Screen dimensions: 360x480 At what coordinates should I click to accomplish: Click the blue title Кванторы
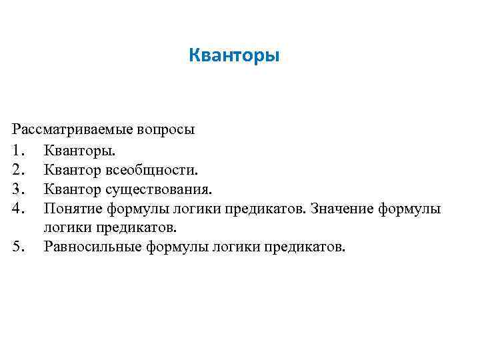(x=234, y=54)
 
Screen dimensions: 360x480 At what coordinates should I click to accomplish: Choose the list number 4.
(x=18, y=209)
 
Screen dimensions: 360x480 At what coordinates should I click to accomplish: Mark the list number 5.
(x=18, y=247)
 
